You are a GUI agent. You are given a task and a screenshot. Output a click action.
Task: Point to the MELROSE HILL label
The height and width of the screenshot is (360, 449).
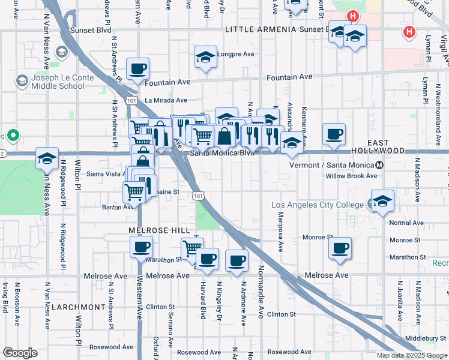pos(159,230)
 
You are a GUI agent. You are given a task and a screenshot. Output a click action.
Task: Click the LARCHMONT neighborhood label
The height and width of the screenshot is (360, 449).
pos(78,307)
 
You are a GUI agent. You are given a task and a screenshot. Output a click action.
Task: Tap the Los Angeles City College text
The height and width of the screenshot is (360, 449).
pos(317,205)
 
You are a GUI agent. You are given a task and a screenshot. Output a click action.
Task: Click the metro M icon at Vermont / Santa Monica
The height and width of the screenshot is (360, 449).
pos(379,165)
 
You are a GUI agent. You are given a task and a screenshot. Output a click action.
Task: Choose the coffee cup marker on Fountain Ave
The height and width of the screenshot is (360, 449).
pos(138,70)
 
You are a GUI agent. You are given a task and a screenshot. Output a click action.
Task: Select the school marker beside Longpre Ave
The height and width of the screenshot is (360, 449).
pos(205,58)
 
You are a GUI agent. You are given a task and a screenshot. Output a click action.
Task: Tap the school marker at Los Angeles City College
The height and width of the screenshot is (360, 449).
pos(382,202)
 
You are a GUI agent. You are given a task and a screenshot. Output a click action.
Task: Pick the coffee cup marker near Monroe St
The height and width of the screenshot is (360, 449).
pos(340,248)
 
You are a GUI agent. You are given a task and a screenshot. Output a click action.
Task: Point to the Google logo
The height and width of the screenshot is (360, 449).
pos(20,353)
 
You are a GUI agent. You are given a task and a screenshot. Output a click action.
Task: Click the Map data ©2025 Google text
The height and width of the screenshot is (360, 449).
pos(412,355)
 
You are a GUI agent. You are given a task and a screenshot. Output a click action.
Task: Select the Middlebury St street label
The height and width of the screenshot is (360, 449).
pos(425,338)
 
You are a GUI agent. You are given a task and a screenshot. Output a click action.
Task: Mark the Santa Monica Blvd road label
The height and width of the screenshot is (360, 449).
pos(222,153)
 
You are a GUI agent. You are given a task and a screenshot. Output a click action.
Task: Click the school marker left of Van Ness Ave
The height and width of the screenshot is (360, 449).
pos(47,159)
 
